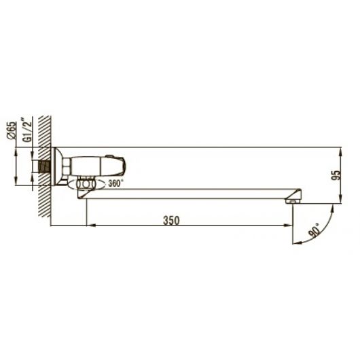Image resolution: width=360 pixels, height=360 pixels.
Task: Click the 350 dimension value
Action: tap(171, 220)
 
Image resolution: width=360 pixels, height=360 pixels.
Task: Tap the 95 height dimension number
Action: tap(337, 175)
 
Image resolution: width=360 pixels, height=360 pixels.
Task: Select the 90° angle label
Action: tap(314, 230)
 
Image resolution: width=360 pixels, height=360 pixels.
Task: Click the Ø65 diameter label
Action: tap(12, 130)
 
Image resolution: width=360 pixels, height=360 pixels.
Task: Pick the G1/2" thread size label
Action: tap(27, 130)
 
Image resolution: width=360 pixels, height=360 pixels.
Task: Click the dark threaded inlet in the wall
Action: tap(45, 166)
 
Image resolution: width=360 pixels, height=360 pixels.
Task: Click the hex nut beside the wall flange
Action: tap(67, 166)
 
